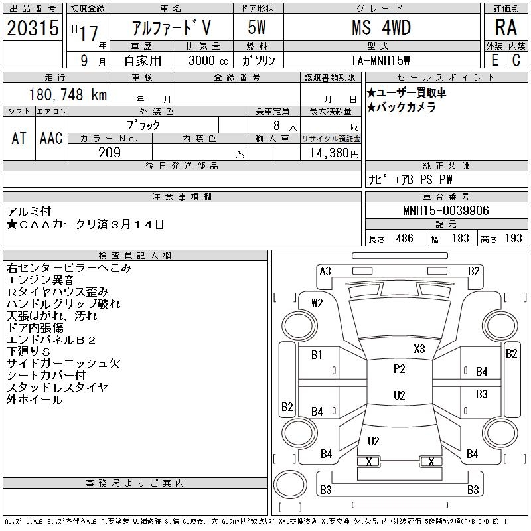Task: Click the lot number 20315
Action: [x=33, y=28]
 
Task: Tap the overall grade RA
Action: [x=506, y=27]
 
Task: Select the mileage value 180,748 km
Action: [x=68, y=94]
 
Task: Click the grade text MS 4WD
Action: [x=381, y=27]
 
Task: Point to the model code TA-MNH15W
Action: [x=380, y=60]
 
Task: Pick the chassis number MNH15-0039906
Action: [x=446, y=210]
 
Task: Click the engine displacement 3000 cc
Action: [x=208, y=60]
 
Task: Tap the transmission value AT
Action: [x=19, y=138]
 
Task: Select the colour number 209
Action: [x=110, y=153]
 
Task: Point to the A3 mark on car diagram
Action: [x=325, y=271]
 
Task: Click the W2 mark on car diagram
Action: [x=317, y=303]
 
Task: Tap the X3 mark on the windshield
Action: [x=419, y=349]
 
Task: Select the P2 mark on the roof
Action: [x=400, y=369]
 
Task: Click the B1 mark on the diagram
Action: [x=317, y=355]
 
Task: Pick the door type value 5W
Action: [x=257, y=27]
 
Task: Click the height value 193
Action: [x=513, y=238]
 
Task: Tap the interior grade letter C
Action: [x=516, y=60]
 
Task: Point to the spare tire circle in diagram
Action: [x=290, y=485]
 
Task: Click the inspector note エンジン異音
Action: [x=40, y=280]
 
